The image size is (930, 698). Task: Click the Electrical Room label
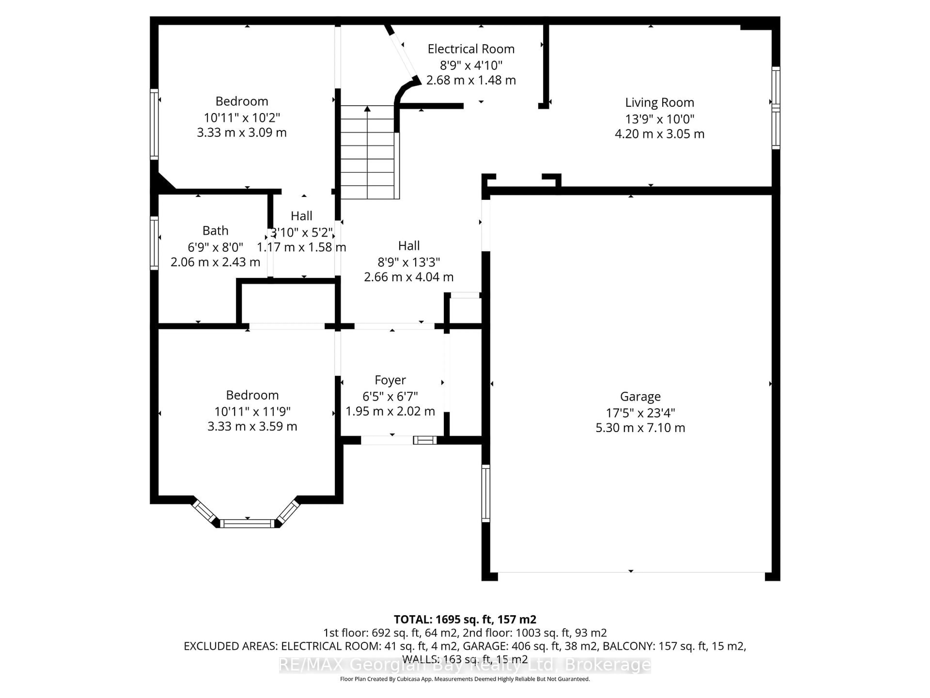click(x=471, y=49)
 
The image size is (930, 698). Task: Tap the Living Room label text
click(x=659, y=103)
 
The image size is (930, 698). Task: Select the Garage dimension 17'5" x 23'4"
click(x=640, y=413)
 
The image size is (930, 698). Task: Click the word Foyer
click(x=390, y=380)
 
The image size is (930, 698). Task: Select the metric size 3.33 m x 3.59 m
click(x=252, y=427)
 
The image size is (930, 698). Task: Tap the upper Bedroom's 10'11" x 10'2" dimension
click(x=242, y=118)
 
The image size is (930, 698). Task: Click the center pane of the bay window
click(x=247, y=523)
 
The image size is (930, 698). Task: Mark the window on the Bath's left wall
click(x=154, y=243)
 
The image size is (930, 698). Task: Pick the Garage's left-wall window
click(x=486, y=493)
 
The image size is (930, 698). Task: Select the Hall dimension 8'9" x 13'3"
click(x=409, y=262)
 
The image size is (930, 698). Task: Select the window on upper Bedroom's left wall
click(x=154, y=124)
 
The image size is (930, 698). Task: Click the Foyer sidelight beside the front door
click(x=425, y=440)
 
